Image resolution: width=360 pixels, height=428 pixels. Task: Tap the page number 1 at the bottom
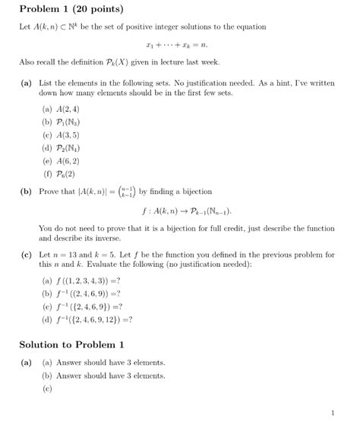333,413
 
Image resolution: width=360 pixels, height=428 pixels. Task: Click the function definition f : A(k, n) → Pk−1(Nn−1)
180,210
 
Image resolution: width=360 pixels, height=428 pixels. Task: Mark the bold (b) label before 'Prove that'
26,190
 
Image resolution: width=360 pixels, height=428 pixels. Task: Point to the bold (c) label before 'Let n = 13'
26,255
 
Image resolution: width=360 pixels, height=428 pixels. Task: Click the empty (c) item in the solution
47,388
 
